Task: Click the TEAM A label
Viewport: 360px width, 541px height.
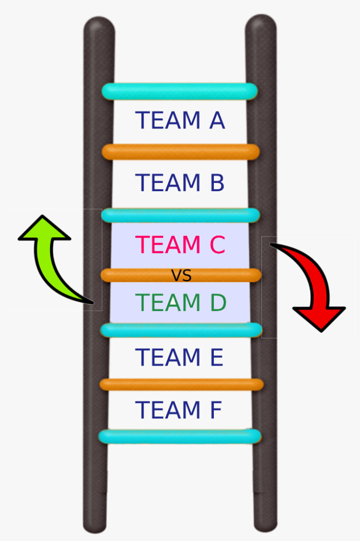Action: pos(180,121)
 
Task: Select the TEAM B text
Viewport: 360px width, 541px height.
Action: pos(180,183)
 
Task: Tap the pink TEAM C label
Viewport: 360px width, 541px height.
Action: pos(180,245)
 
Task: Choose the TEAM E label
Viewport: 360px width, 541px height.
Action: pos(179,358)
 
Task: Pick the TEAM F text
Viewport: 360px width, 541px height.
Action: pos(178,411)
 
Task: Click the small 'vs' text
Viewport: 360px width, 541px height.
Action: pos(181,275)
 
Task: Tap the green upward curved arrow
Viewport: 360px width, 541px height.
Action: pos(50,259)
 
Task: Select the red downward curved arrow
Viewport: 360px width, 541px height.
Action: pos(311,285)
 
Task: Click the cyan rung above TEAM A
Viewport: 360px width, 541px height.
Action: pos(179,91)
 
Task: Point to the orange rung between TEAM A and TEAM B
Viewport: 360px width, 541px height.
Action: pos(181,152)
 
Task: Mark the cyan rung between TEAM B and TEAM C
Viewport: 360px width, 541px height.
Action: pos(181,216)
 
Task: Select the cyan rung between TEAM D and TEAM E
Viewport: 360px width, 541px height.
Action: pos(181,330)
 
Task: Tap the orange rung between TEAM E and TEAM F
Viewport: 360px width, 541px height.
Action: pos(181,385)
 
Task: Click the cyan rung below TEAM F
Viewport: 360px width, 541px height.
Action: pos(179,436)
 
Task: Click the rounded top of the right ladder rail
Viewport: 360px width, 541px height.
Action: pos(261,24)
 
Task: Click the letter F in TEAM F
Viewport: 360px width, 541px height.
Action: pos(215,411)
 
